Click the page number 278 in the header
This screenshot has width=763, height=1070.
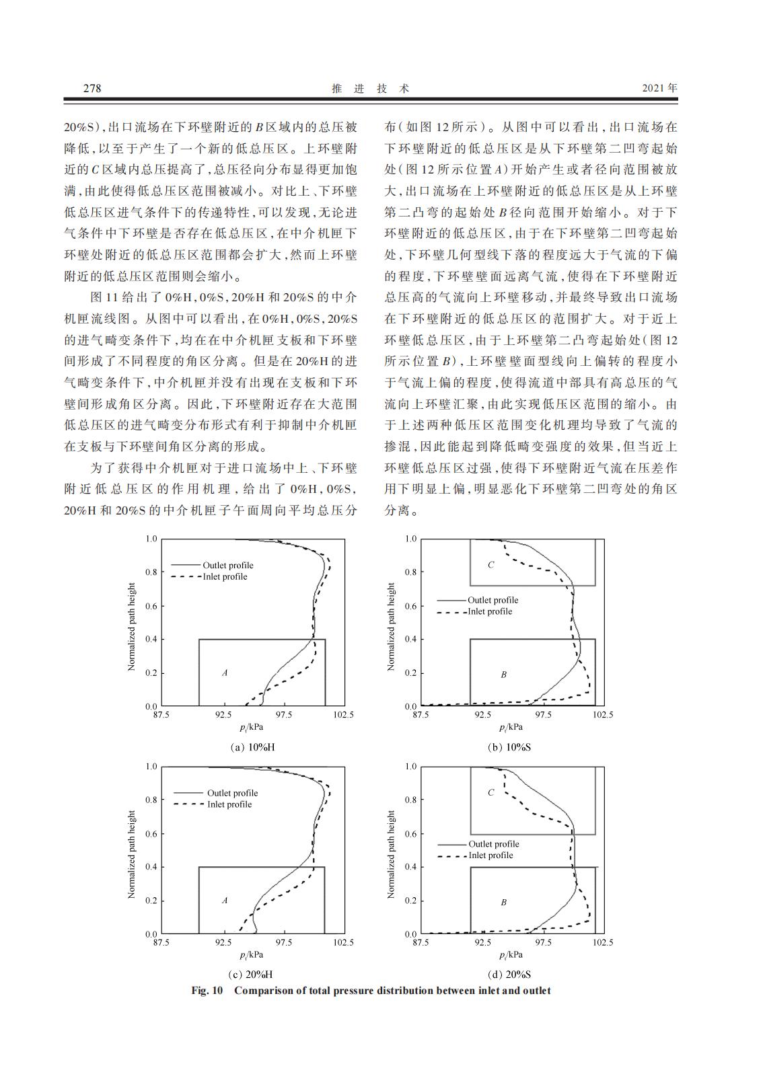(x=92, y=88)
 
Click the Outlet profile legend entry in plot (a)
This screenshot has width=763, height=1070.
(x=227, y=565)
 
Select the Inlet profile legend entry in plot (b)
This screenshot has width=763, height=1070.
(x=489, y=611)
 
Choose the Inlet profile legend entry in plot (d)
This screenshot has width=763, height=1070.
(x=490, y=855)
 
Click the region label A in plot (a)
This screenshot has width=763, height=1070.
(x=225, y=673)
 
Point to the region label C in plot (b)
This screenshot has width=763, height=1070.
(x=490, y=565)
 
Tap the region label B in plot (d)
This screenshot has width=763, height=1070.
(x=503, y=903)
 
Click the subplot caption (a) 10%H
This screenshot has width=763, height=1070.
(x=252, y=747)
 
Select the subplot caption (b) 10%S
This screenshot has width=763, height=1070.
(x=510, y=747)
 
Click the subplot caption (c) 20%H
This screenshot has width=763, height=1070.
(x=250, y=975)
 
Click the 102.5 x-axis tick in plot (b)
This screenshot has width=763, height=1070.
(x=603, y=715)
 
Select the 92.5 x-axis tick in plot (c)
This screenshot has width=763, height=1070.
(x=223, y=942)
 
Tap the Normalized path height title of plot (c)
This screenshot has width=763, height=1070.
(x=132, y=854)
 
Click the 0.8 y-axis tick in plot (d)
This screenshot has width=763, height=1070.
(x=410, y=800)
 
